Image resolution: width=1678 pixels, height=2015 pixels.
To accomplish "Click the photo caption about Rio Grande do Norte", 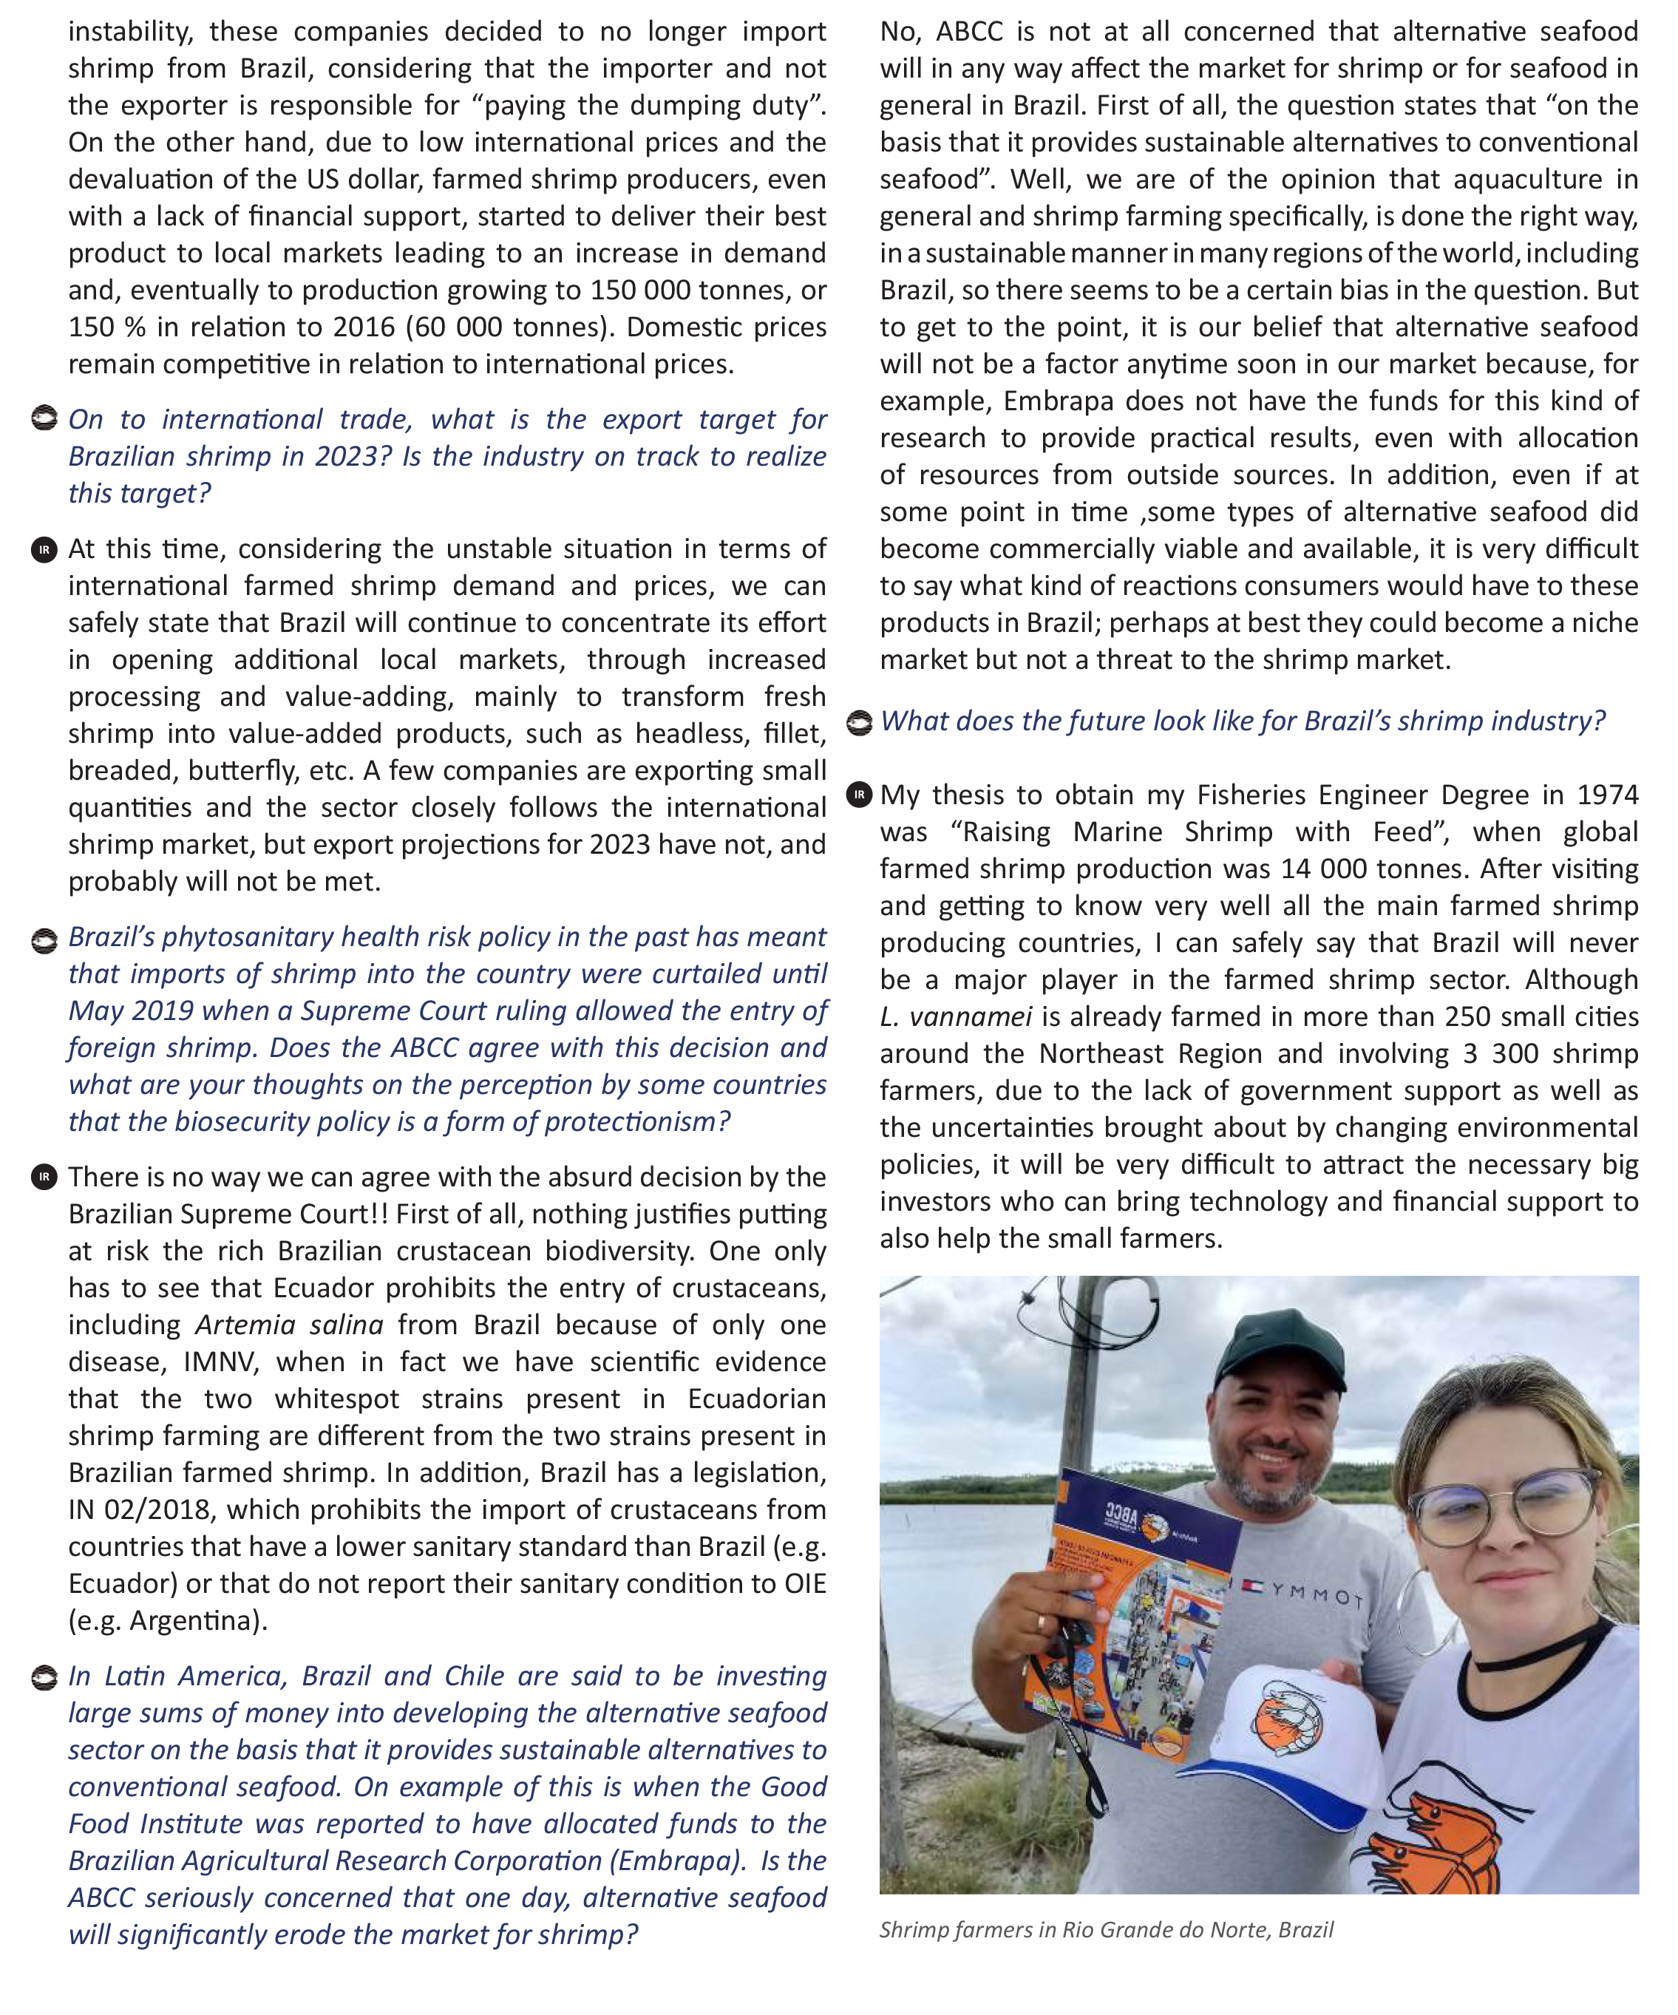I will [1105, 1929].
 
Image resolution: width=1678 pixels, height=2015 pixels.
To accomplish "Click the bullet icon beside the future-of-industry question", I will [860, 721].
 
